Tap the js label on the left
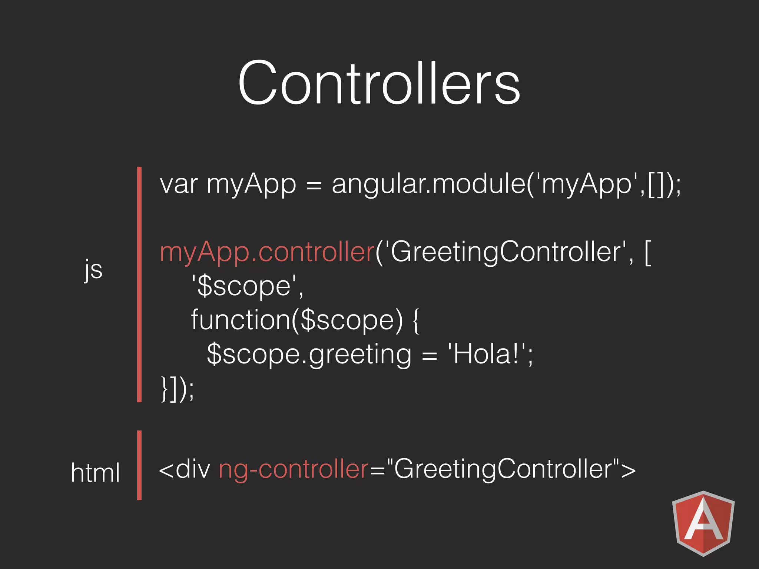pyautogui.click(x=93, y=269)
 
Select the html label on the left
pyautogui.click(x=95, y=473)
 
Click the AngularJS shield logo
pyautogui.click(x=703, y=523)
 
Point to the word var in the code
pyautogui.click(x=179, y=184)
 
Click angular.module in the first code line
pyautogui.click(x=428, y=184)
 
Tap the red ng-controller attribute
pyautogui.click(x=294, y=469)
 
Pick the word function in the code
pyautogui.click(x=240, y=320)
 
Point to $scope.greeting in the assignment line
pyautogui.click(x=309, y=354)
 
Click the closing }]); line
pyautogui.click(x=177, y=388)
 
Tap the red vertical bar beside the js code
pyautogui.click(x=139, y=284)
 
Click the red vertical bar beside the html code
pyautogui.click(x=139, y=465)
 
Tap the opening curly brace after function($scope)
pyautogui.click(x=415, y=320)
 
